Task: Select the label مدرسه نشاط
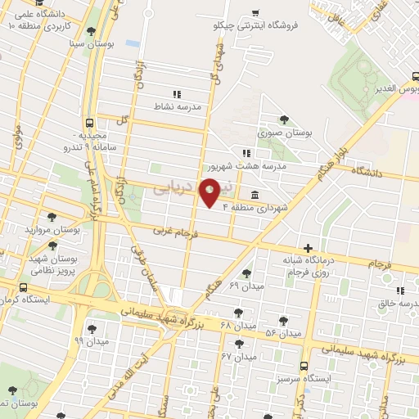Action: (178, 106)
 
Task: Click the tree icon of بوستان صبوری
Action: (284, 119)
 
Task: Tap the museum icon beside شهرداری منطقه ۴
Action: (256, 195)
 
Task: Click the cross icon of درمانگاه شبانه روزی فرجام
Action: (308, 248)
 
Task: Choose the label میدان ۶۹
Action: (245, 286)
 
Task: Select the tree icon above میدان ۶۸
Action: (238, 312)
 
